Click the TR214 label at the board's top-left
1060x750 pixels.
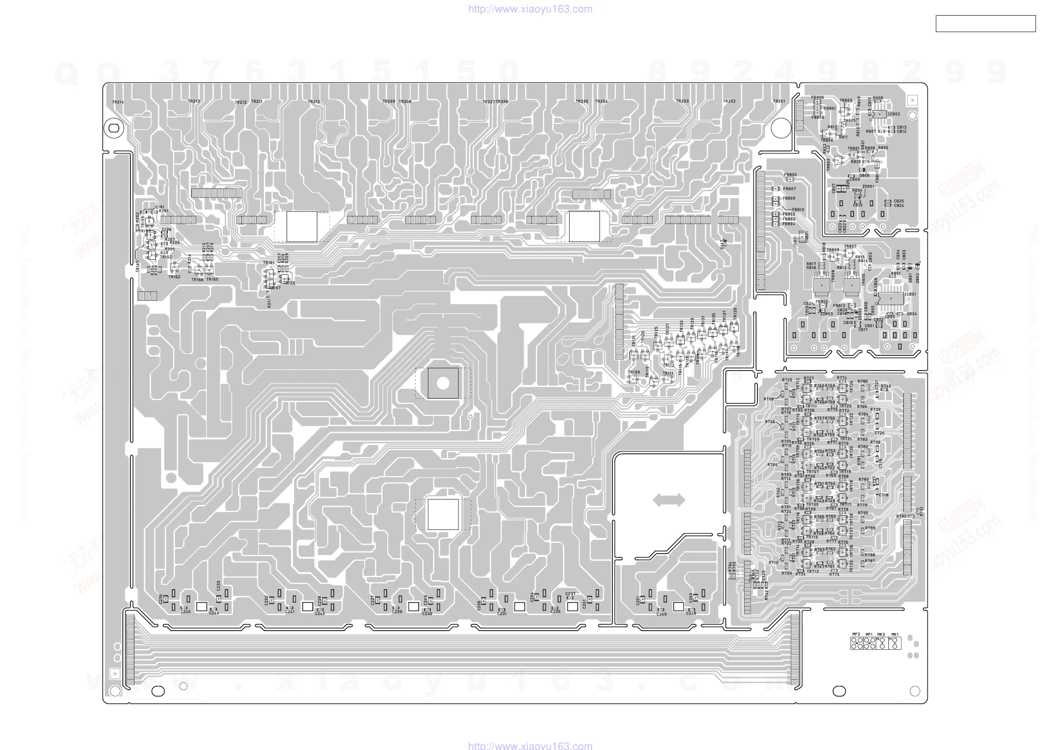[118, 102]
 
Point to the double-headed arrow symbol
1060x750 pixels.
[669, 500]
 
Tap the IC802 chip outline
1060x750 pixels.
[879, 114]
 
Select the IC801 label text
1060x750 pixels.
[910, 294]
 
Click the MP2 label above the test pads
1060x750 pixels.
[856, 635]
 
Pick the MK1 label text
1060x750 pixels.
[895, 635]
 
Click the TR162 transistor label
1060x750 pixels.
[174, 277]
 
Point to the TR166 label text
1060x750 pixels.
[197, 280]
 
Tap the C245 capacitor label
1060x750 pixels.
[185, 612]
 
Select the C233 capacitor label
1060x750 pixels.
[218, 586]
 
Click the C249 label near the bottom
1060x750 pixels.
[662, 614]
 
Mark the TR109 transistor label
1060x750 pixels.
[634, 372]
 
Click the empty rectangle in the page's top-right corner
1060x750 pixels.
[985, 24]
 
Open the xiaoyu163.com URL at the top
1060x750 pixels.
[530, 9]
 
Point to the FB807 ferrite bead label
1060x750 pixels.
[789, 188]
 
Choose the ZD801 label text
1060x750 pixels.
[868, 187]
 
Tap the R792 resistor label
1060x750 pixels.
[901, 516]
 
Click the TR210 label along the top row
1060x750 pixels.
[313, 102]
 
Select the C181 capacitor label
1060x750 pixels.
[160, 207]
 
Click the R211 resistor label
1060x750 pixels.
[269, 303]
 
